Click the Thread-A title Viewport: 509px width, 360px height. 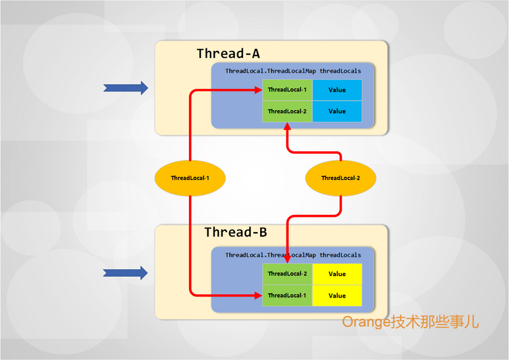pos(228,53)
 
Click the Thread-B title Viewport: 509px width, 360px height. pos(235,232)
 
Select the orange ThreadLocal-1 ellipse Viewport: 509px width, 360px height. pos(190,178)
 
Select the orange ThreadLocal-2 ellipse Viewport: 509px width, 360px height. pos(340,178)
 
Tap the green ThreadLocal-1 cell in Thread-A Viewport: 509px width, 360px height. pos(288,90)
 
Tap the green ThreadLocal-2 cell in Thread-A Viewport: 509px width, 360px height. pos(288,111)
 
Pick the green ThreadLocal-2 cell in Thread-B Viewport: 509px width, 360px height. pos(288,274)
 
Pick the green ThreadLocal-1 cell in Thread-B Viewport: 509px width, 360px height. pos(288,296)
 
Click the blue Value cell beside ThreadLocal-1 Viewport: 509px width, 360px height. pos(337,90)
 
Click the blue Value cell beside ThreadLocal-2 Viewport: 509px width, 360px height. pos(337,111)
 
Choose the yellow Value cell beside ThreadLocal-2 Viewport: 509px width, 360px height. pos(337,274)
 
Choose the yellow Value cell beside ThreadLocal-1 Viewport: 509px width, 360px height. pos(337,296)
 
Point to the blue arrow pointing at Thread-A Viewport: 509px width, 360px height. pos(125,88)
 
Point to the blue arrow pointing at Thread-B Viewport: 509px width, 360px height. pos(125,273)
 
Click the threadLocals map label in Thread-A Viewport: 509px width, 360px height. pos(293,71)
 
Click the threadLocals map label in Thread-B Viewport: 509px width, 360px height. pos(293,255)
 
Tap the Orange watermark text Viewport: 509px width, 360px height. pos(410,322)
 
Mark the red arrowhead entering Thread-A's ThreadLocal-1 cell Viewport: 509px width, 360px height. pos(258,90)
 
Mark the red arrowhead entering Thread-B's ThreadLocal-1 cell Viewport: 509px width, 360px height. pos(258,296)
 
